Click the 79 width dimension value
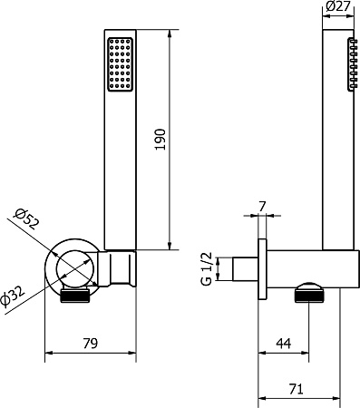point(90,344)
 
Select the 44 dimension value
point(284,344)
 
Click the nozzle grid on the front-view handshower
point(120,64)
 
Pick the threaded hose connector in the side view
point(309,296)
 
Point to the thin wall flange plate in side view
point(263,269)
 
